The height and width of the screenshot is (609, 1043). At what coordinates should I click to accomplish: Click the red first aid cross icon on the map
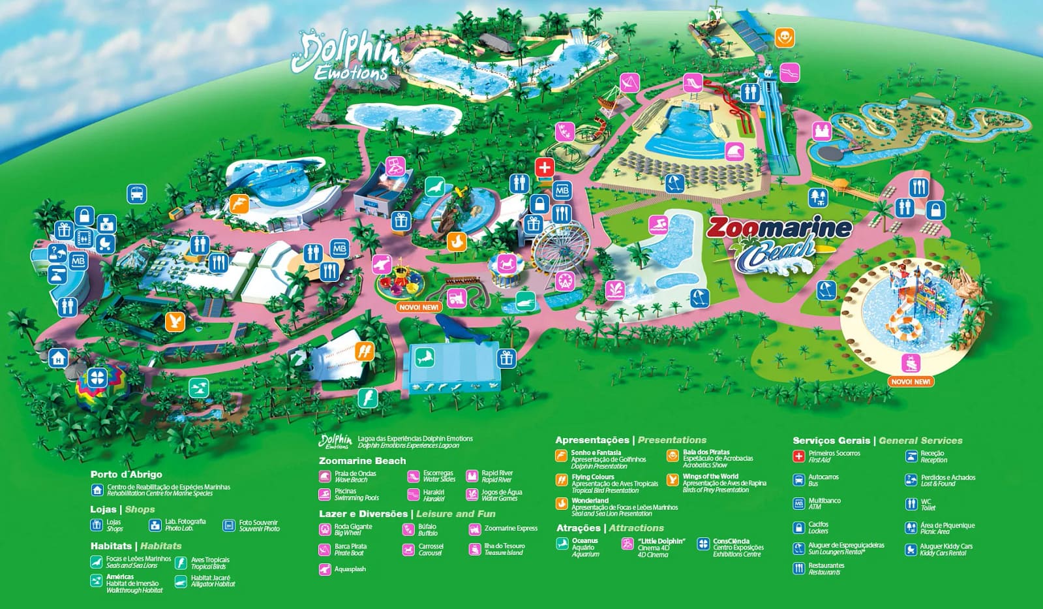click(545, 167)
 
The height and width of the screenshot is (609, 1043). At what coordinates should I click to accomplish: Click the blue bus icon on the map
click(137, 194)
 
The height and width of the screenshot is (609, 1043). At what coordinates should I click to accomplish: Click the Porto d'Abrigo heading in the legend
click(127, 475)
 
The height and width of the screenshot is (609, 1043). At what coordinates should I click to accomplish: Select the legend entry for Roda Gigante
click(353, 529)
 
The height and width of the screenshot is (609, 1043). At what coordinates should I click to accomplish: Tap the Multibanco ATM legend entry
click(824, 503)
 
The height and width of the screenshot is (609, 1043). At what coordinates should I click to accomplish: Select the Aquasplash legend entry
click(350, 569)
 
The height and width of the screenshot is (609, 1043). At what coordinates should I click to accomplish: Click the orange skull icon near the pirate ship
click(785, 38)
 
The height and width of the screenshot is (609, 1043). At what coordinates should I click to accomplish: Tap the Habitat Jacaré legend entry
click(212, 580)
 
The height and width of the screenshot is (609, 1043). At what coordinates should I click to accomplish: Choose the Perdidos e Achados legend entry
click(947, 480)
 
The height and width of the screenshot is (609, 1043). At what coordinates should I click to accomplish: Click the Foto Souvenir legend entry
click(258, 525)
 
